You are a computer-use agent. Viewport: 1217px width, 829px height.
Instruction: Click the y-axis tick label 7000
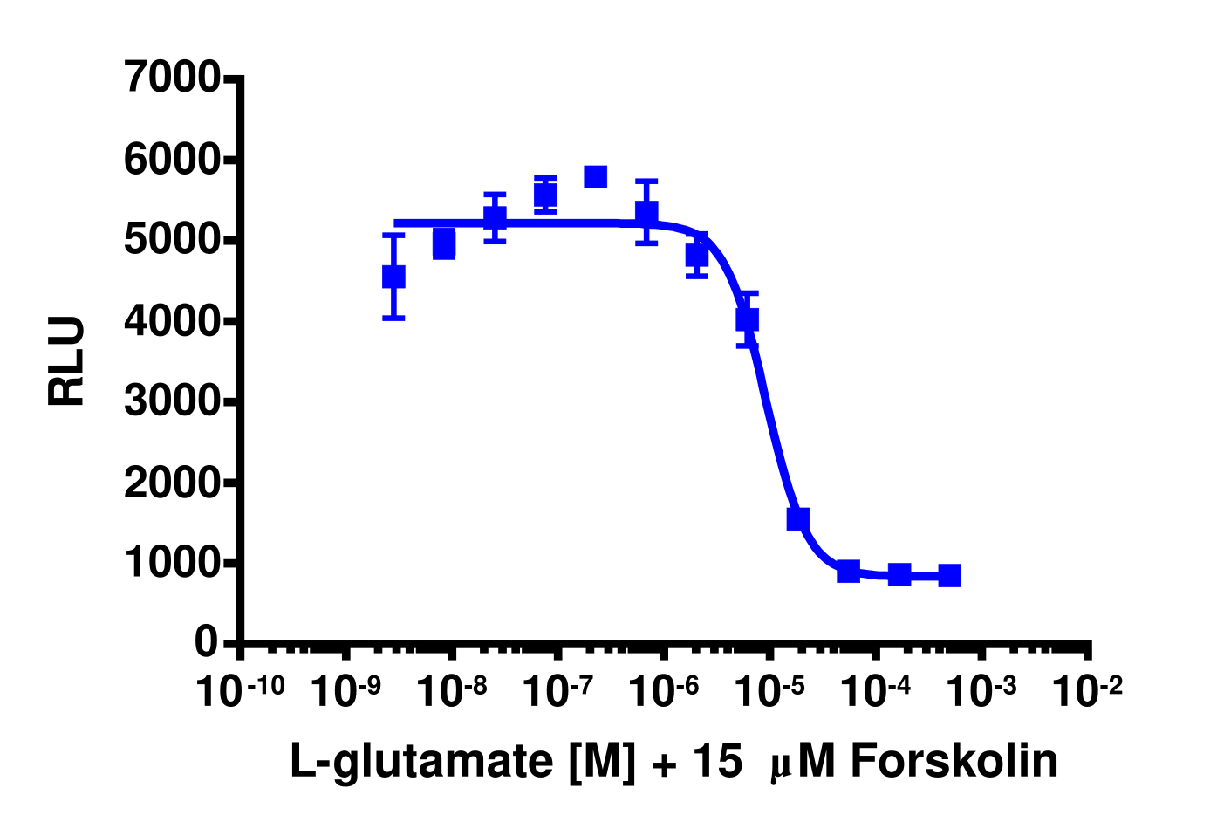[173, 78]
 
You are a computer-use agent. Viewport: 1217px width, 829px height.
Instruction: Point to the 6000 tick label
[173, 160]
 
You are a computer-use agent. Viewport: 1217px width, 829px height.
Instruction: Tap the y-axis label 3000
[173, 401]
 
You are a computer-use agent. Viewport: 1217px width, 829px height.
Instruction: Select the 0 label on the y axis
[207, 642]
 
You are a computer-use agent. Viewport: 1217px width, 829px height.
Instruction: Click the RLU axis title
[67, 361]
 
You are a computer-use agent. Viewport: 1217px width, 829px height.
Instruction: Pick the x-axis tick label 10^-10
[241, 690]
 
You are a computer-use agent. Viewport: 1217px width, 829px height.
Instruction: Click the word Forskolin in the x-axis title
[954, 762]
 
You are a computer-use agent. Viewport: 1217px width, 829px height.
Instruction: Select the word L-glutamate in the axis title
[421, 762]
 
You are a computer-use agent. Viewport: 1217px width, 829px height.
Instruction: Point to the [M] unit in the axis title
[603, 762]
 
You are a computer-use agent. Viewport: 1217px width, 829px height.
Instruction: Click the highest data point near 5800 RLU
[596, 176]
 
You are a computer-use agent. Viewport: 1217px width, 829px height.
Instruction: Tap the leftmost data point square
[393, 277]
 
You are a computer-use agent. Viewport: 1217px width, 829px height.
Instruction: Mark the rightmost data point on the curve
[950, 575]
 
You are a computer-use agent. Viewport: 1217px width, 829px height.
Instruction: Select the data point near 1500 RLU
[798, 519]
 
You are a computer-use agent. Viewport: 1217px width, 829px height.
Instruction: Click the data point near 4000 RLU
[747, 319]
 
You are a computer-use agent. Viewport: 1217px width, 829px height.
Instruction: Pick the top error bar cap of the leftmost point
[393, 235]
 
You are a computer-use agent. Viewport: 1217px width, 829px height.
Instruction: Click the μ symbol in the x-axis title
[779, 766]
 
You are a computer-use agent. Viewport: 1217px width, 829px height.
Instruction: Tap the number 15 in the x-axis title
[716, 762]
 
